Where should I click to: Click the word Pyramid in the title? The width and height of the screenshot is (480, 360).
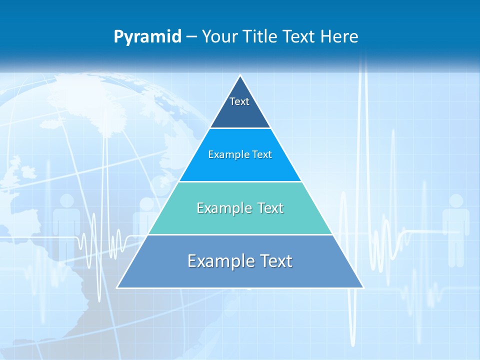pos(147,37)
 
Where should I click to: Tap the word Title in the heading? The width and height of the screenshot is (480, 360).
pos(262,37)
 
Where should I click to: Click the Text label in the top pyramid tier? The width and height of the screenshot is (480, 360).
pos(239,101)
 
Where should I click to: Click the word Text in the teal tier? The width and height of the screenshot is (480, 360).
pos(270,208)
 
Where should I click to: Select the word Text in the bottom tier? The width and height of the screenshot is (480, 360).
pos(275,261)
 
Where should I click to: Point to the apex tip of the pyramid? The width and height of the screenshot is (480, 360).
pos(240,76)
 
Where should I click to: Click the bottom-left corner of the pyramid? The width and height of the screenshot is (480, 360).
pos(117,287)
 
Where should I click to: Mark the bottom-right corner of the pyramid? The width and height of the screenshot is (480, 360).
pos(363,287)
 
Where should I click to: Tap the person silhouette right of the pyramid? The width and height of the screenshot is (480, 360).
pos(455,230)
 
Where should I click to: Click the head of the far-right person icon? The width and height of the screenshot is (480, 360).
pos(456,201)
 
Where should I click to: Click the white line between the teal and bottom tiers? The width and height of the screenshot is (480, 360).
pos(240,234)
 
